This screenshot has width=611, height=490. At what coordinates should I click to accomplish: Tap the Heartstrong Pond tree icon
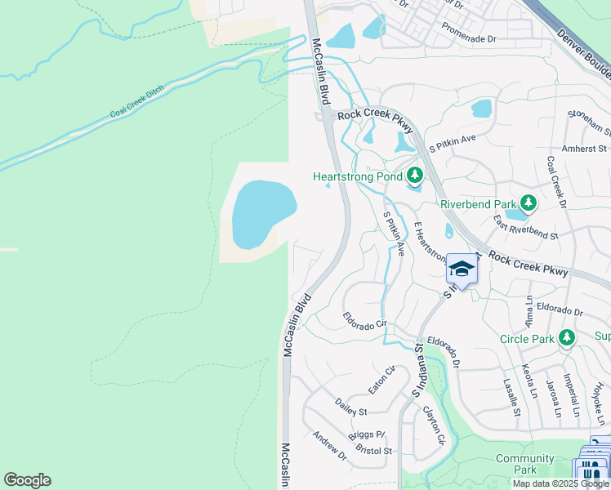click(x=415, y=176)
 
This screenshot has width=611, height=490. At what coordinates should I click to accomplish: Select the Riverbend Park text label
click(x=479, y=203)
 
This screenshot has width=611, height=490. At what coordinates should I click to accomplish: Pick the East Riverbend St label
click(x=524, y=228)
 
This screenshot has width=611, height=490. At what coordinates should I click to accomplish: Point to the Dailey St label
click(x=351, y=407)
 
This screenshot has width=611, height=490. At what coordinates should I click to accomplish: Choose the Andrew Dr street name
click(x=329, y=447)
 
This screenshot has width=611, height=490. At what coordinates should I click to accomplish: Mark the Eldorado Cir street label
click(x=364, y=320)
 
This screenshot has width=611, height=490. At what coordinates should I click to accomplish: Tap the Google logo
click(x=27, y=480)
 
